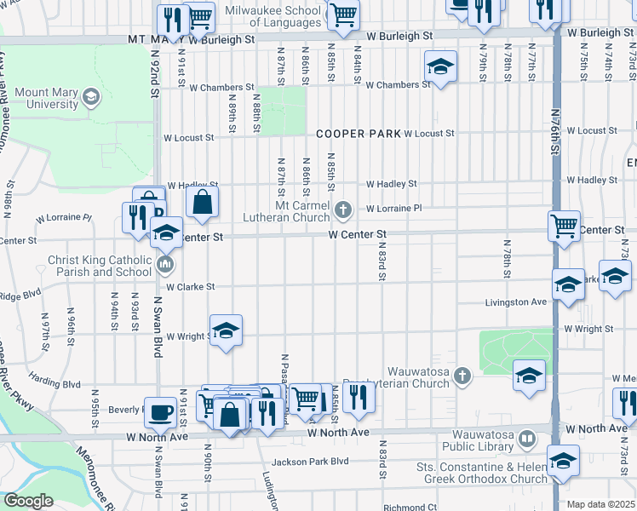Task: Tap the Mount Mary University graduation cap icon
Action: point(89,98)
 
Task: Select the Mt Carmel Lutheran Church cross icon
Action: point(342,209)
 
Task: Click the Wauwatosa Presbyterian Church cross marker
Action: point(461,376)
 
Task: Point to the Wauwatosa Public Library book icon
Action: point(527,439)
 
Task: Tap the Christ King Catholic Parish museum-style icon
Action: point(164,264)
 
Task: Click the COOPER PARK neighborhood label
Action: point(358,134)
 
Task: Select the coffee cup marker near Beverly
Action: point(160,412)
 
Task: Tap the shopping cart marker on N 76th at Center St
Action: point(564,227)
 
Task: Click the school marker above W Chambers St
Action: point(440,66)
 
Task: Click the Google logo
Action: point(28,501)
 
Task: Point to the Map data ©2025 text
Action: point(600,504)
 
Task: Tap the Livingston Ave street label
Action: point(515,302)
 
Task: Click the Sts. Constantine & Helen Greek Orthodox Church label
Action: point(482,473)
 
